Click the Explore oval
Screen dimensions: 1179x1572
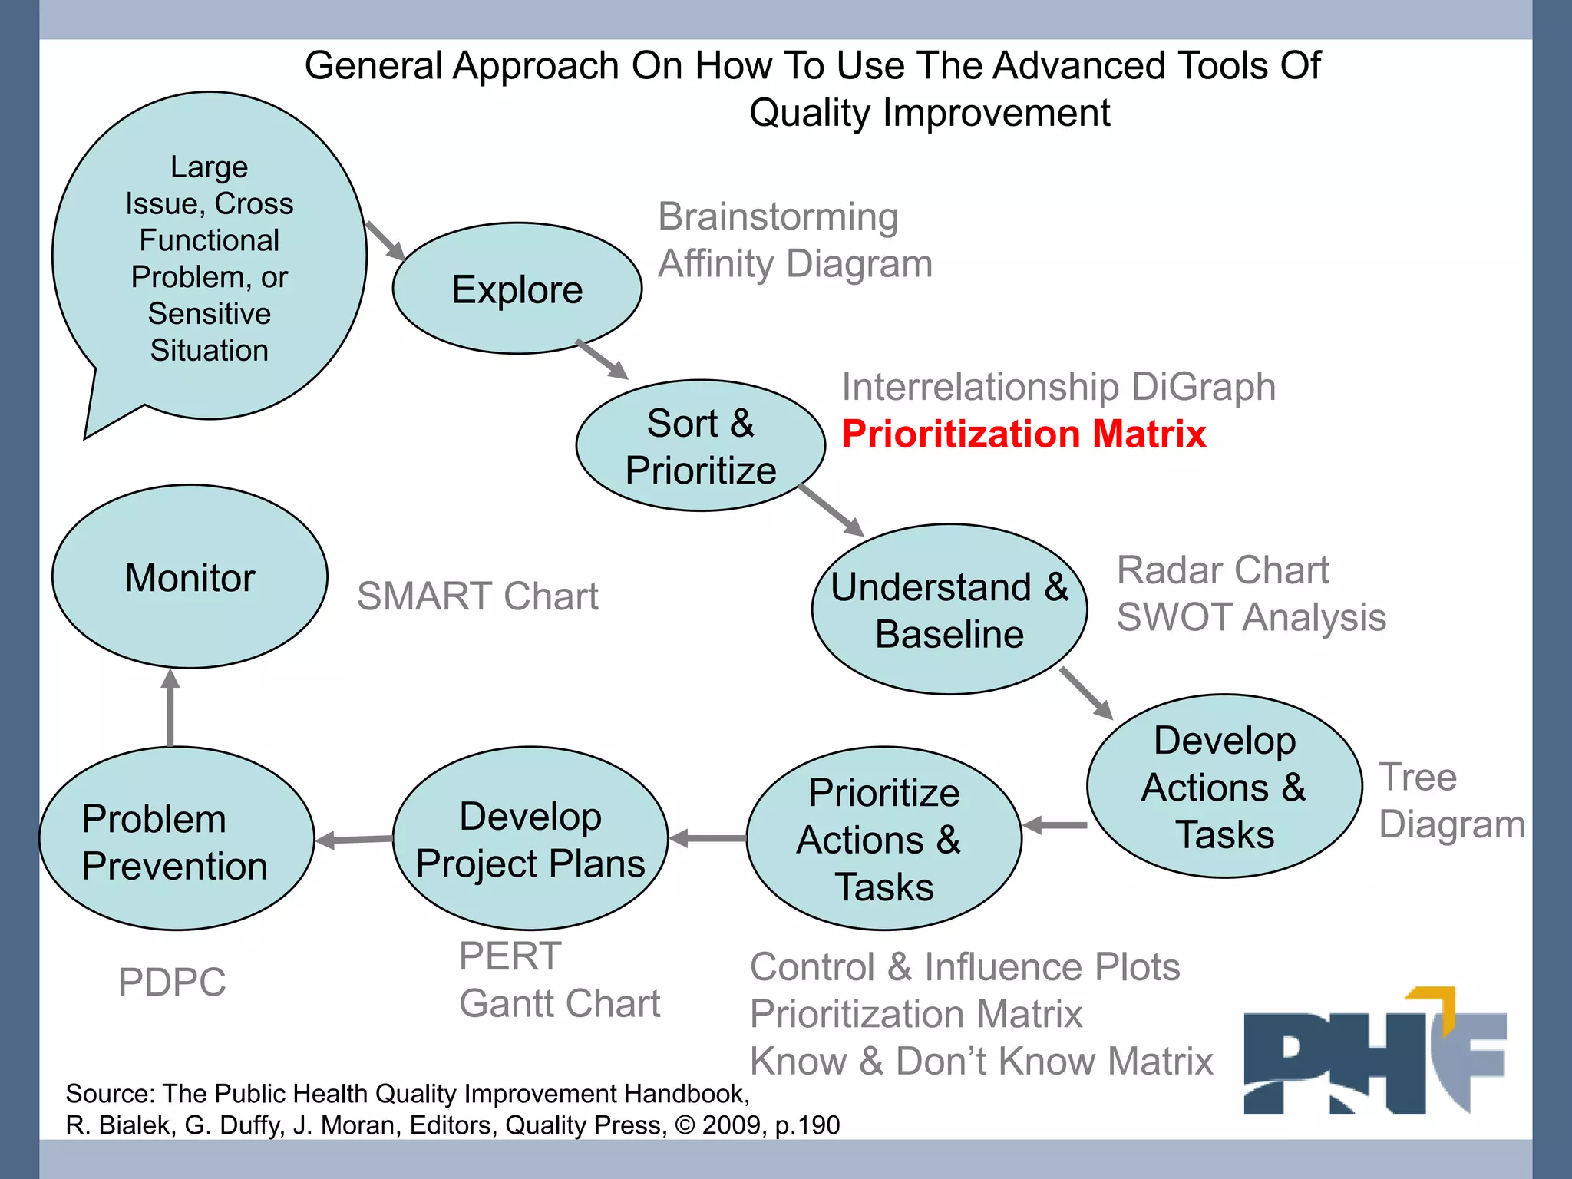click(517, 289)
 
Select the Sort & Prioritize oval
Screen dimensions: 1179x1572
click(700, 446)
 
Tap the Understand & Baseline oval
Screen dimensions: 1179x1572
click(949, 609)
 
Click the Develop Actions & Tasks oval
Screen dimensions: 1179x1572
click(1224, 787)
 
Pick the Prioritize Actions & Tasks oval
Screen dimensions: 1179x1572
click(883, 839)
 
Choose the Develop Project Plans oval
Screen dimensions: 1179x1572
click(530, 839)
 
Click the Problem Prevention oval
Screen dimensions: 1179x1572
click(176, 839)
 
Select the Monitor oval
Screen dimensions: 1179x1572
click(190, 577)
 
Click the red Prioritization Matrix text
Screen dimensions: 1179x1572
click(1023, 434)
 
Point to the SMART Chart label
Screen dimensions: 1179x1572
click(477, 596)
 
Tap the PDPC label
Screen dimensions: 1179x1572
click(172, 982)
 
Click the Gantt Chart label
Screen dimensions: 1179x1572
click(560, 1004)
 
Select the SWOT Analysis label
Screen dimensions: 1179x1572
click(1251, 617)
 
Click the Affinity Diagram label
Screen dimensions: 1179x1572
click(795, 264)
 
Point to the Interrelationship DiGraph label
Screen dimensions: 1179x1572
click(1058, 387)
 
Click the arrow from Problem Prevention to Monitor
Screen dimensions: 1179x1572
click(170, 708)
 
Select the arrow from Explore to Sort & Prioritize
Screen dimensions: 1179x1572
click(603, 359)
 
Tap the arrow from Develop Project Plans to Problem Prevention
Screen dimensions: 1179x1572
click(354, 840)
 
